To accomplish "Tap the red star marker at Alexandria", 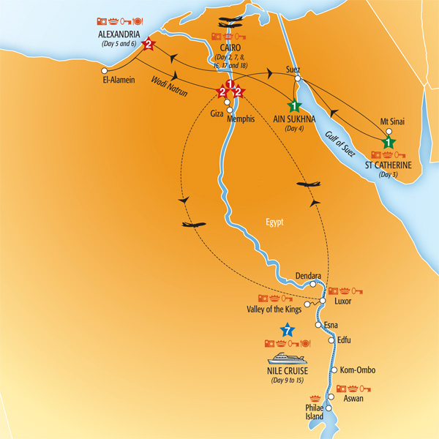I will pyautogui.click(x=149, y=45).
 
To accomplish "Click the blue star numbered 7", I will pyautogui.click(x=288, y=331).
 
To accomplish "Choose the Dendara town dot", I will pyautogui.click(x=314, y=284).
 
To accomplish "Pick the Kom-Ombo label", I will pyautogui.click(x=357, y=370).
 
